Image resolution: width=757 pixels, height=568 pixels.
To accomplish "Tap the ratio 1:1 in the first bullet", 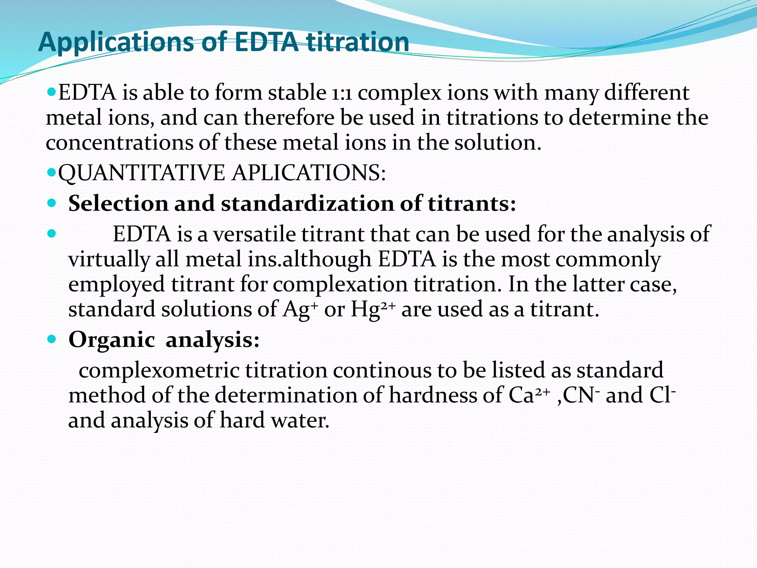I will pyautogui.click(x=342, y=93).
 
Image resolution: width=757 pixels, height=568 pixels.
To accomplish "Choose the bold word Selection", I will pyautogui.click(x=118, y=203).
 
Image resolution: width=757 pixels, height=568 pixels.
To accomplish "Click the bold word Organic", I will pyautogui.click(x=112, y=339).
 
